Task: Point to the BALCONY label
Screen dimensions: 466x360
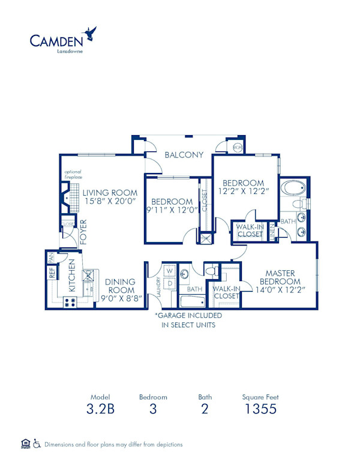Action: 184,154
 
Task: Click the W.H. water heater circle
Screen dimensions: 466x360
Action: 237,147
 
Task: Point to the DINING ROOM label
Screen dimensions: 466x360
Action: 120,286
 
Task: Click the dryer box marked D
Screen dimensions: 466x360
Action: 169,283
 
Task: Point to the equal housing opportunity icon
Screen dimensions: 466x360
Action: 25,444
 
